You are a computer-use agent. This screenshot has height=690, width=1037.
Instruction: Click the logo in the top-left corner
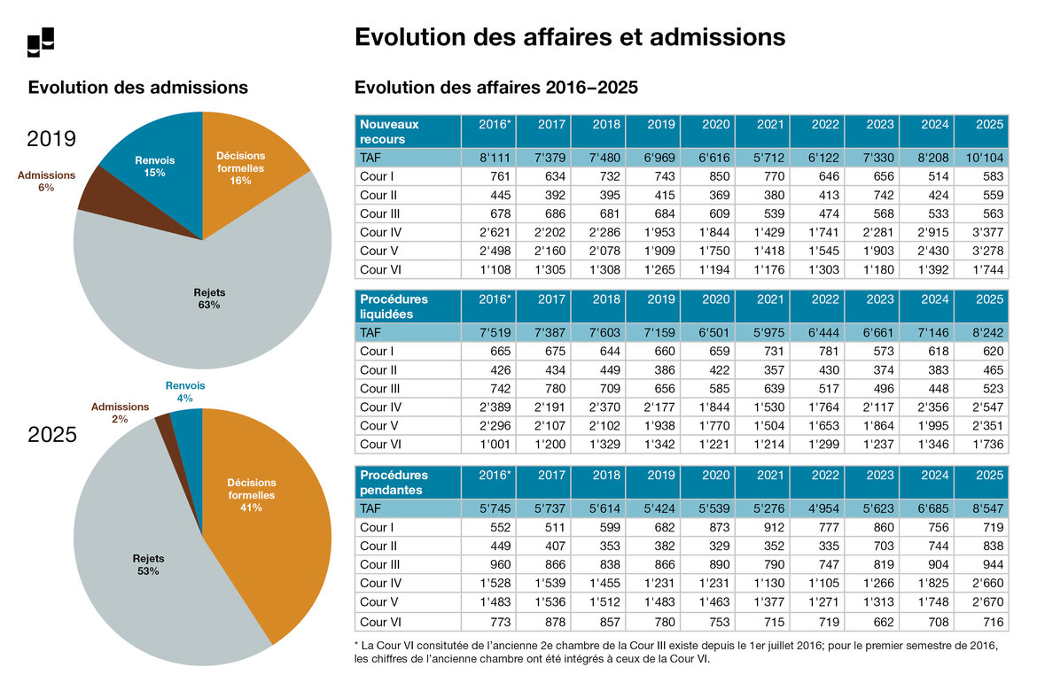[x=41, y=42]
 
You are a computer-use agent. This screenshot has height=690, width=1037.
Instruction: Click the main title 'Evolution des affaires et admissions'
[x=569, y=37]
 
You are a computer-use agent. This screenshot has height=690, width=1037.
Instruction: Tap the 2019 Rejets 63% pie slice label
[x=209, y=298]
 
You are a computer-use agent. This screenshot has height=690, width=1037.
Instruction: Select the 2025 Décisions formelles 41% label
[x=252, y=495]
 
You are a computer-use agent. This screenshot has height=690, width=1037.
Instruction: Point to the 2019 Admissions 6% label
[x=46, y=181]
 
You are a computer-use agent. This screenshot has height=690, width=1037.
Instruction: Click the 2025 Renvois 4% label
[x=185, y=392]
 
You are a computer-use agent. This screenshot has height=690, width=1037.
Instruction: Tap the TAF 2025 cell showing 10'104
[x=982, y=157]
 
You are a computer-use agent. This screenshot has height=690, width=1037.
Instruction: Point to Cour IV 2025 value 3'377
[x=982, y=231]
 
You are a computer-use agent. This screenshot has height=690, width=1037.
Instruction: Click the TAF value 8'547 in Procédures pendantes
[x=982, y=508]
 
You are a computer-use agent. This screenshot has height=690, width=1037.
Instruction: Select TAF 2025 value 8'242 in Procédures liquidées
[x=982, y=332]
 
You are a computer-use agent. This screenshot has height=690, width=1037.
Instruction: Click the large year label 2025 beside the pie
[x=52, y=435]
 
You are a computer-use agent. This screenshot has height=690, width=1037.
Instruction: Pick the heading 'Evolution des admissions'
[x=138, y=88]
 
